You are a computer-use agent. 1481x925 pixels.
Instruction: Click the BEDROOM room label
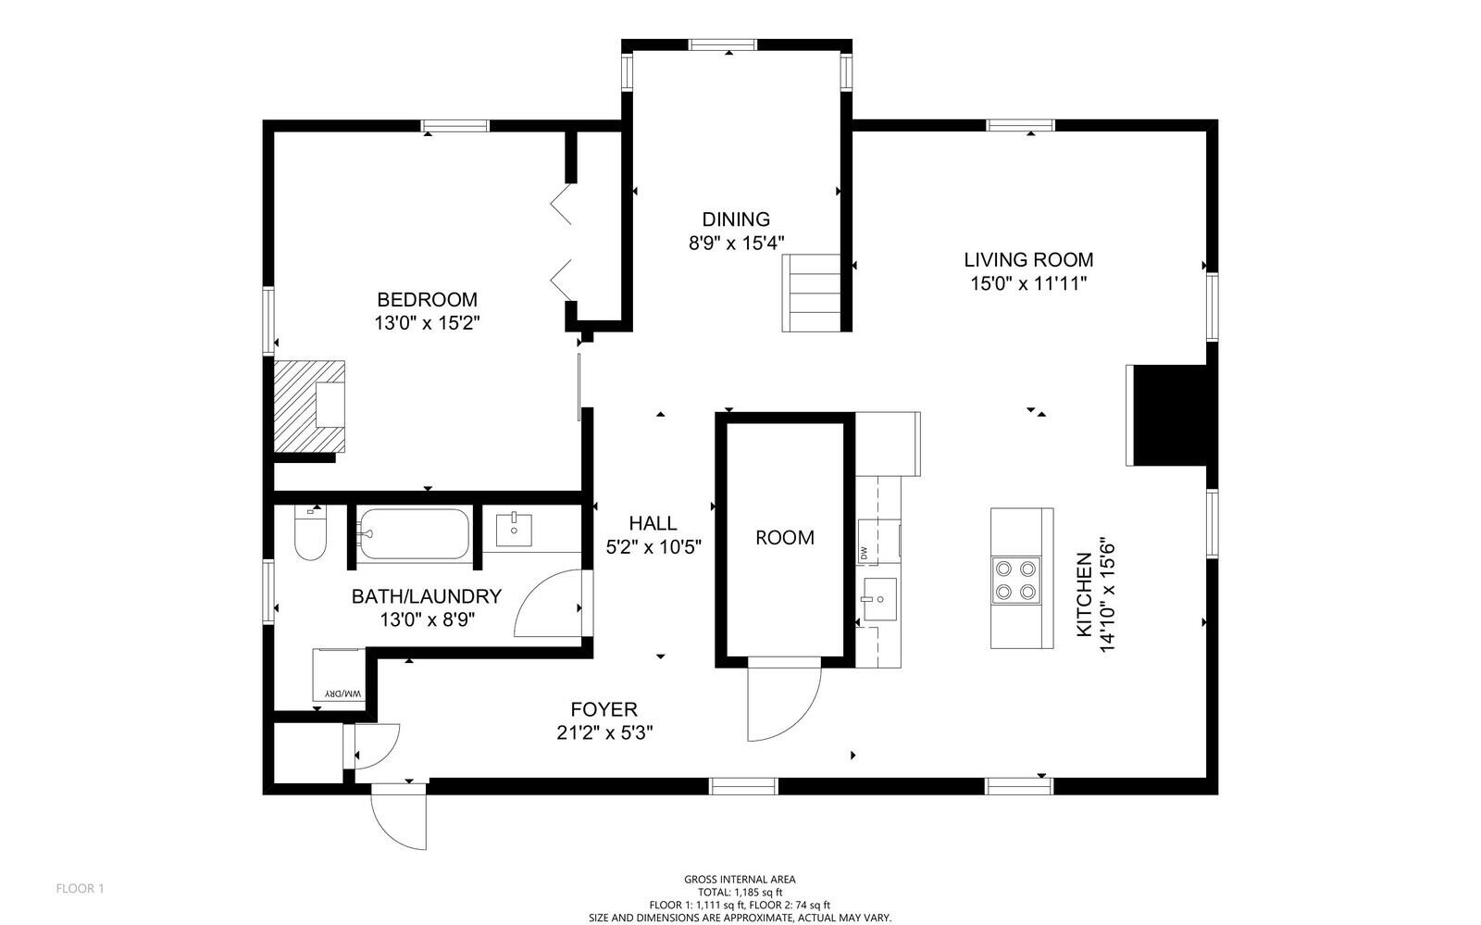click(427, 299)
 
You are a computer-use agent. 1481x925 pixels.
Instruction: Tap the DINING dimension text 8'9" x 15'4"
click(736, 243)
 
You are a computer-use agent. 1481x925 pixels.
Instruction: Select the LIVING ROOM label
click(1028, 260)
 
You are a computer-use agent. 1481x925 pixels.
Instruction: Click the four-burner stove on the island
click(1015, 580)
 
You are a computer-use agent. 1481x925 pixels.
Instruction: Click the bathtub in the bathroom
click(414, 533)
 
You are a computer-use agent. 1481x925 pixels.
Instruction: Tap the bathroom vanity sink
click(514, 531)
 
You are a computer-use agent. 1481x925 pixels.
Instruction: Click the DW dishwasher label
click(865, 553)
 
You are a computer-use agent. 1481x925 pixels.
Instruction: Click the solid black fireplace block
click(1170, 415)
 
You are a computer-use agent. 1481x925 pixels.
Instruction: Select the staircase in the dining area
click(814, 293)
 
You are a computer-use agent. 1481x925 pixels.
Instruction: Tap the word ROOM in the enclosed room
click(785, 537)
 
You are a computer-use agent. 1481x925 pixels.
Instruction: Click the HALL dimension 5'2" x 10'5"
click(653, 546)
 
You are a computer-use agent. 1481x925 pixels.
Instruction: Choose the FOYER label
click(604, 709)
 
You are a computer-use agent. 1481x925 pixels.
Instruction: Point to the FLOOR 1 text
click(81, 889)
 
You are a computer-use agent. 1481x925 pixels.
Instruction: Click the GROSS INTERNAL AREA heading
click(740, 880)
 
